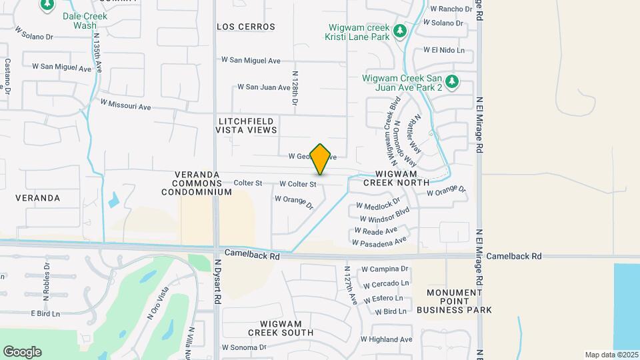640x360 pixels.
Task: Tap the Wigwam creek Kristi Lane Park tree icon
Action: click(x=399, y=31)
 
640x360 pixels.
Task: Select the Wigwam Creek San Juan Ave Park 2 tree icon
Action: click(x=453, y=81)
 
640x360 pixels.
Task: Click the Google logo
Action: click(x=22, y=352)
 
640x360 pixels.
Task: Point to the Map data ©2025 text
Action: click(x=611, y=355)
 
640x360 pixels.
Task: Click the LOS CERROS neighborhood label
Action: click(x=246, y=27)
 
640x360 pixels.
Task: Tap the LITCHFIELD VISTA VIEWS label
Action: click(x=247, y=125)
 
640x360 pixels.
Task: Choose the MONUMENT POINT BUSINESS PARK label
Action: click(x=455, y=301)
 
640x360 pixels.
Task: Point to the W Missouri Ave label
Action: click(x=126, y=105)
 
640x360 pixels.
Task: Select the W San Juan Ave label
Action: click(x=264, y=87)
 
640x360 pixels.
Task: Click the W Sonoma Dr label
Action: click(x=244, y=347)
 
